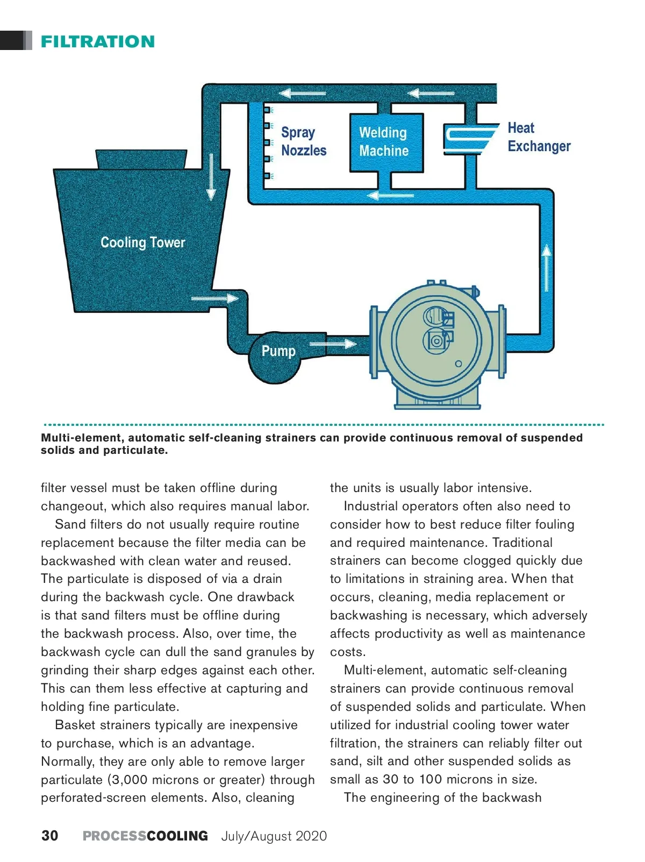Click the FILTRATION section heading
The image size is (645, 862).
point(98,41)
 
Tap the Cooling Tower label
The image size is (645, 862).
point(142,243)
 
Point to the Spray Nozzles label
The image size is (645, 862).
point(303,141)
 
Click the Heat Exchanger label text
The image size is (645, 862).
point(539,137)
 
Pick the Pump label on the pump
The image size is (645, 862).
point(278,351)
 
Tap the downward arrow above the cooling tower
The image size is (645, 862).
point(211,177)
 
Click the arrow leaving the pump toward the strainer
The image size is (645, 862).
point(333,344)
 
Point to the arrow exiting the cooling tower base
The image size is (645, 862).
point(214,298)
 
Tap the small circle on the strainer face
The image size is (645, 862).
point(458,364)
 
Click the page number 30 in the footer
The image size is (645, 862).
point(50,836)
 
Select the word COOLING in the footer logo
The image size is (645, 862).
point(177,836)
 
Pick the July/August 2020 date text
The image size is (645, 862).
point(274,836)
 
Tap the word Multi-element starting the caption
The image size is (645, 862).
point(83,438)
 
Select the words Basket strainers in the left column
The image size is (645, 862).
point(103,725)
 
